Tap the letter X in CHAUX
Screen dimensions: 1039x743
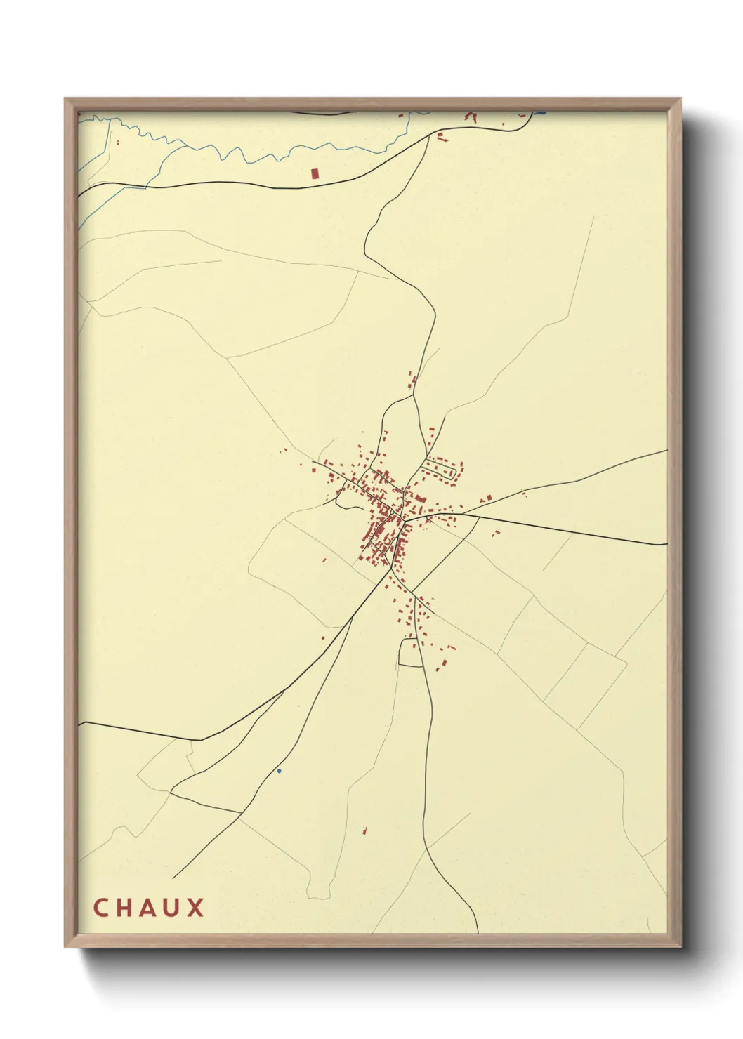coord(196,908)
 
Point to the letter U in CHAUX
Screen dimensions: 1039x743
coord(171,908)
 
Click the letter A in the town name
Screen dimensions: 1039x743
coord(147,908)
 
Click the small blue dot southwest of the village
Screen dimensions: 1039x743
coord(279,771)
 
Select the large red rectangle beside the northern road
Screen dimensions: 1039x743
coord(315,173)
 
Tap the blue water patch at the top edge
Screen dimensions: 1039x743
coord(540,112)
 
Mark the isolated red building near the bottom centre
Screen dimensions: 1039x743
coord(364,831)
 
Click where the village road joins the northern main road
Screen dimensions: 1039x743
coord(428,136)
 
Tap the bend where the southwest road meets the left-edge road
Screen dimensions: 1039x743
coord(201,740)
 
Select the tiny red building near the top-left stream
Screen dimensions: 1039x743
coord(118,143)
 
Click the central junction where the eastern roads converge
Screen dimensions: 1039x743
coord(407,519)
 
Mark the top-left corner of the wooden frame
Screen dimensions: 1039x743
coord(66,99)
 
